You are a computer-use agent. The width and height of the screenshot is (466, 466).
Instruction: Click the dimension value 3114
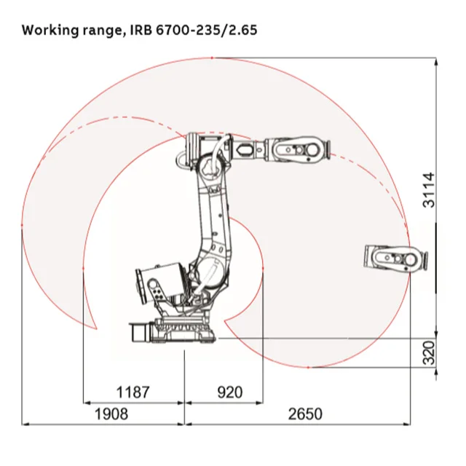[429, 190]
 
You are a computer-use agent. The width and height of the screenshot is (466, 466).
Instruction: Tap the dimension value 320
[429, 352]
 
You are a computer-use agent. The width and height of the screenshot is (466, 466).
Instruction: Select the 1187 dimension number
[133, 392]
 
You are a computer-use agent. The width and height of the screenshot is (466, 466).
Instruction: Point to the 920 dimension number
[230, 392]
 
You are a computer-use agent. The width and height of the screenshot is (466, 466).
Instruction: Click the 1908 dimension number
[111, 414]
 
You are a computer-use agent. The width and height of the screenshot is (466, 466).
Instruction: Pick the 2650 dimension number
[305, 414]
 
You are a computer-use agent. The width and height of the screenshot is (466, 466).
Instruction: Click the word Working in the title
[50, 31]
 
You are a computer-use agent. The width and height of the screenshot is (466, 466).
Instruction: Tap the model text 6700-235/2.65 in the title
[206, 30]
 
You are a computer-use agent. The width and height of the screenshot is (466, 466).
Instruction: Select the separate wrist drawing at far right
[396, 258]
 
